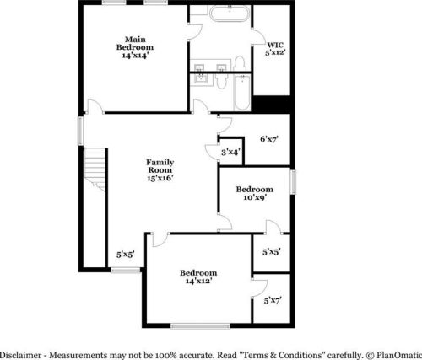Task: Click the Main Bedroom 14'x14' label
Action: [x=134, y=44]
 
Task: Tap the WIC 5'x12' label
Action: [x=275, y=49]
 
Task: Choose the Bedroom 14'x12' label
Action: [x=198, y=277]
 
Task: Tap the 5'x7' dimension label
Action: [x=272, y=299]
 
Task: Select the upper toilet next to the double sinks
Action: [x=239, y=62]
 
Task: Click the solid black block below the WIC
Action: [x=273, y=103]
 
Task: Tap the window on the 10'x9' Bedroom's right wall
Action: [x=293, y=182]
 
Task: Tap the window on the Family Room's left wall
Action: [x=81, y=130]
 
